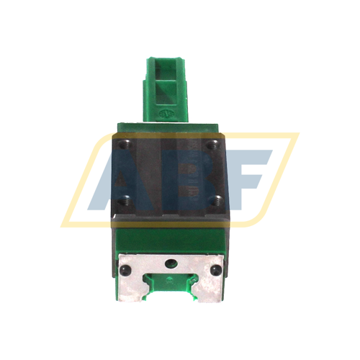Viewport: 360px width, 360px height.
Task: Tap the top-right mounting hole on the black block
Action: (x=212, y=145)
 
